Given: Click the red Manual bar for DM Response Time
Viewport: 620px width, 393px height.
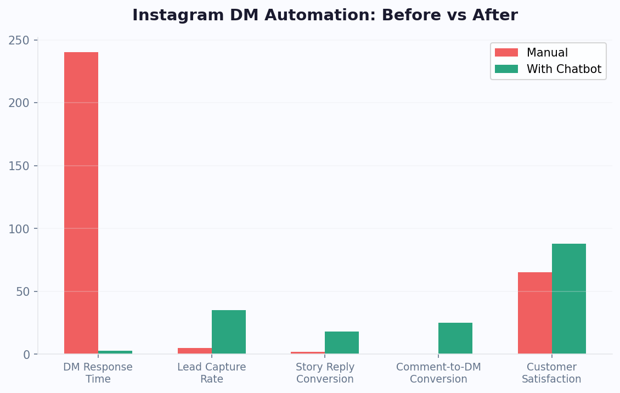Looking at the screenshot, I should pyautogui.click(x=81, y=203).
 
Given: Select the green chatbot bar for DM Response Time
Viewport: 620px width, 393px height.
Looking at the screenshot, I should pyautogui.click(x=115, y=352).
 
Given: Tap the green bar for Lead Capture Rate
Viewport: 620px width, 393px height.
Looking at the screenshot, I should pyautogui.click(x=229, y=332).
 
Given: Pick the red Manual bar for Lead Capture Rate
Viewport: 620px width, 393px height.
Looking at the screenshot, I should pyautogui.click(x=195, y=351).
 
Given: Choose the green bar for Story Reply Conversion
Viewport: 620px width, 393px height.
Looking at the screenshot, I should pyautogui.click(x=342, y=343).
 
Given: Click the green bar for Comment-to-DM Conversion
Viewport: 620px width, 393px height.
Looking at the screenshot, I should pyautogui.click(x=455, y=338).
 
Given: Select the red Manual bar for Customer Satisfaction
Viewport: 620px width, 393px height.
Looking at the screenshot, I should pyautogui.click(x=535, y=313).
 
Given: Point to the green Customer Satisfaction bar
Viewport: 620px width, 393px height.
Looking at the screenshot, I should pyautogui.click(x=569, y=299).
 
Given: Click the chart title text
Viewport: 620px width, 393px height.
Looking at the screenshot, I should pyautogui.click(x=325, y=15).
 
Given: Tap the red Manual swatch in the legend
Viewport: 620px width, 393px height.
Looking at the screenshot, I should pyautogui.click(x=506, y=53).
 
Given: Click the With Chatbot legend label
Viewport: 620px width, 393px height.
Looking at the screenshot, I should pyautogui.click(x=563, y=69).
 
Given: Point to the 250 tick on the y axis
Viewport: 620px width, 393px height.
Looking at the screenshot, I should pyautogui.click(x=19, y=40).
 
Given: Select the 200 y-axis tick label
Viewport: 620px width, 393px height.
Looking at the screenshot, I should pyautogui.click(x=19, y=103).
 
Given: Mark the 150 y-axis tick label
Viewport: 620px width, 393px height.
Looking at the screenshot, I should pyautogui.click(x=19, y=166).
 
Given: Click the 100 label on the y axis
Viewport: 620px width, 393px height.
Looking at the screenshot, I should pyautogui.click(x=19, y=228).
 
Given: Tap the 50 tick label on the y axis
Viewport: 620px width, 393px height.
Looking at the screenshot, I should pyautogui.click(x=22, y=291).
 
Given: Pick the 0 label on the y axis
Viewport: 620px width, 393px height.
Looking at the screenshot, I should pyautogui.click(x=26, y=355).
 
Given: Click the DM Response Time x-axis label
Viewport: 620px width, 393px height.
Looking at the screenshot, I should pyautogui.click(x=98, y=373).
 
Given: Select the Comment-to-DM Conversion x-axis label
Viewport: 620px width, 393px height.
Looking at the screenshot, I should pyautogui.click(x=438, y=373).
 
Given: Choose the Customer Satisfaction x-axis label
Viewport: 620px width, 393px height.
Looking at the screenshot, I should pyautogui.click(x=551, y=373).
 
